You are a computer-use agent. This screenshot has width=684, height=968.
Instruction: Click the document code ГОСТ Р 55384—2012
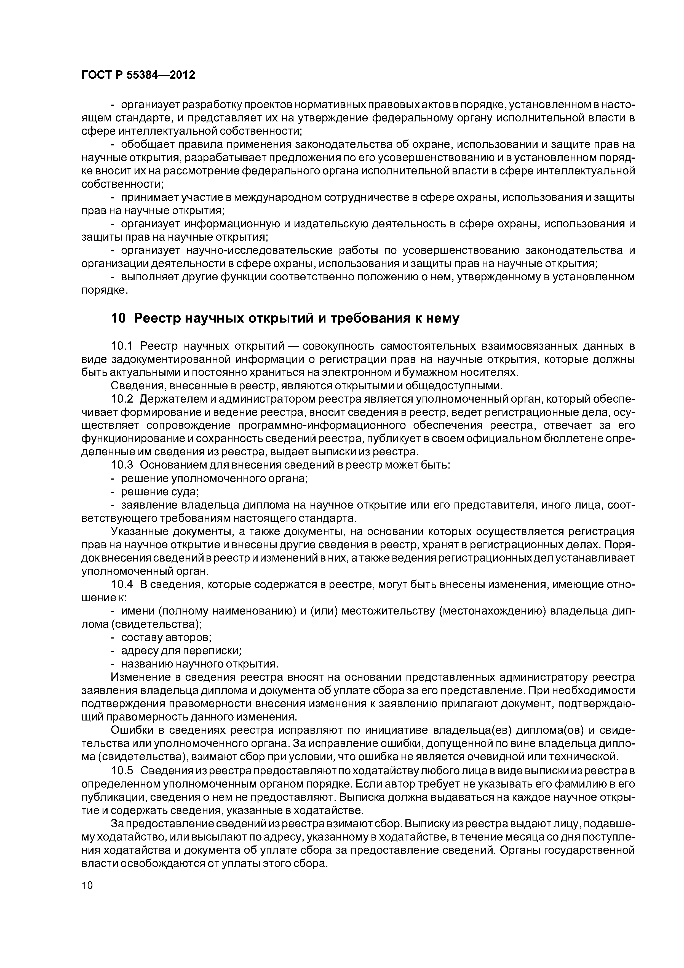point(138,75)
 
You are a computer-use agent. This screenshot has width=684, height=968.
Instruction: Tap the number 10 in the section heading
point(118,318)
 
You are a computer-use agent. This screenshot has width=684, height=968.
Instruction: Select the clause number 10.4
point(122,585)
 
